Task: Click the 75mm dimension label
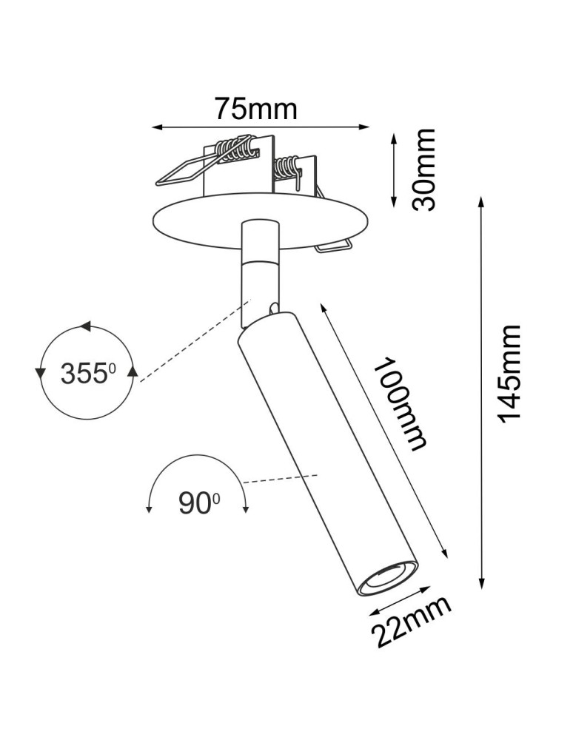[256, 109]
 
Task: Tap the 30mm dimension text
[424, 169]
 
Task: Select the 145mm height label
[510, 373]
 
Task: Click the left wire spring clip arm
[181, 172]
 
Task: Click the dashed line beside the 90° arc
[281, 479]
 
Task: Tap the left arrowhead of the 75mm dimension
[156, 127]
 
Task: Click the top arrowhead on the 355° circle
[86, 326]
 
